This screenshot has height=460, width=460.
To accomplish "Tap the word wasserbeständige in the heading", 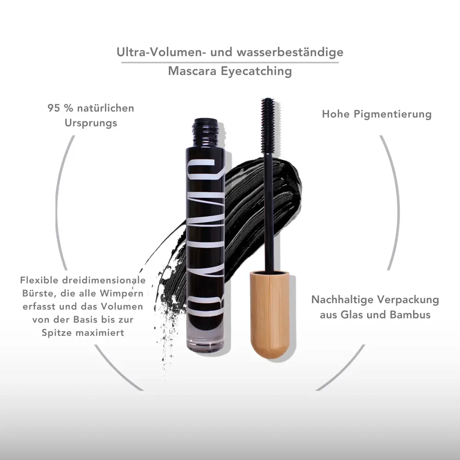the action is tap(290, 52).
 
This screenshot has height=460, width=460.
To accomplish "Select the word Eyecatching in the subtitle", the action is tap(256, 71).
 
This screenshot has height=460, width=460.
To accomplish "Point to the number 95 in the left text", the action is tap(54, 108).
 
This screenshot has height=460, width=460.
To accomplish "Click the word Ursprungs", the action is tap(91, 123).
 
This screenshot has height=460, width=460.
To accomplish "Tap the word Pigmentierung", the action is tap(392, 115).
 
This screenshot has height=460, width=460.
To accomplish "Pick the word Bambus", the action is tap(410, 315).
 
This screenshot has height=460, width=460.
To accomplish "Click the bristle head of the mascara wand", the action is tap(268, 123).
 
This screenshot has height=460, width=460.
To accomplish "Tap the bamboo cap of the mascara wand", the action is tap(270, 316).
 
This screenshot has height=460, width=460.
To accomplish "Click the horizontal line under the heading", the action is tap(230, 62).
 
